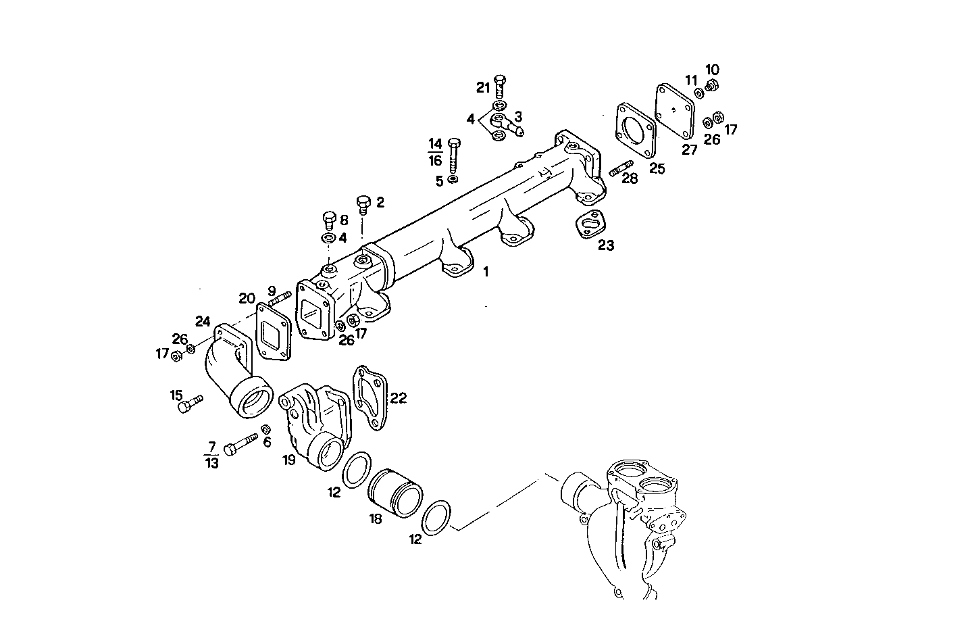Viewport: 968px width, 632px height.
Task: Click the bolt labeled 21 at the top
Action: tap(499, 87)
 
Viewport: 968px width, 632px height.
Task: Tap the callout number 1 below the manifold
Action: tap(485, 272)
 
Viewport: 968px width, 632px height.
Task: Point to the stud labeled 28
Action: tap(620, 168)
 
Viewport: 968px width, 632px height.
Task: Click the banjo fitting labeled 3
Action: tap(508, 124)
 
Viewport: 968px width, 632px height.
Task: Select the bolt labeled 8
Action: tap(329, 220)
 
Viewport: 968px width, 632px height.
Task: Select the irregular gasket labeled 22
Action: tap(370, 397)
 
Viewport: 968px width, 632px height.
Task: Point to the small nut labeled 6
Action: tap(266, 429)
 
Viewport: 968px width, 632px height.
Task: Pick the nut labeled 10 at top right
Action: tap(711, 85)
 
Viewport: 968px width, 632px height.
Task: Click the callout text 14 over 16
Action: tap(435, 152)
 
